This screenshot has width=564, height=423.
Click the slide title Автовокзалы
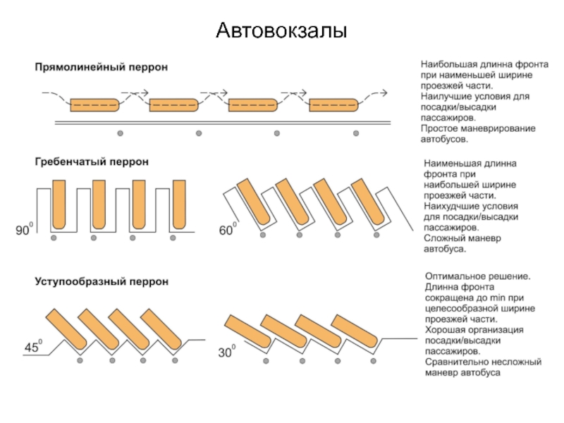pyautogui.click(x=281, y=30)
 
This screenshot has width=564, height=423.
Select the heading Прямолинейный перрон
pyautogui.click(x=102, y=67)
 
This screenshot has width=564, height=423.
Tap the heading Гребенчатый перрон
pyautogui.click(x=92, y=161)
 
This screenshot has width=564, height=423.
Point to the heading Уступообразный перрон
pyautogui.click(x=102, y=282)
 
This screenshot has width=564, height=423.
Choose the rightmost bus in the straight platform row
pyautogui.click(x=334, y=105)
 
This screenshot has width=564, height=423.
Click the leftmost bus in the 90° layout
pyautogui.click(x=58, y=204)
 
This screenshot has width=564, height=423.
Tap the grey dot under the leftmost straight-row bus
pyautogui.click(x=120, y=133)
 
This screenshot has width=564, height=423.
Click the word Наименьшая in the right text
pyautogui.click(x=451, y=163)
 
